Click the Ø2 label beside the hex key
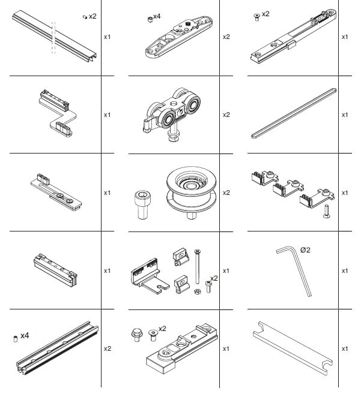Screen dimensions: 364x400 305,250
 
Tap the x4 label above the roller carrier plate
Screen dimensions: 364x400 157,16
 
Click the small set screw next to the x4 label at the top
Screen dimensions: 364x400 150,19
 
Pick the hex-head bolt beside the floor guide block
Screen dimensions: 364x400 137,335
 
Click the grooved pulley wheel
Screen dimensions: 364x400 191,192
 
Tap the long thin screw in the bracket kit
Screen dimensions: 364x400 197,267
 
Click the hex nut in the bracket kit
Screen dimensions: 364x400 198,291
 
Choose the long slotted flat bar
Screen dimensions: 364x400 294,113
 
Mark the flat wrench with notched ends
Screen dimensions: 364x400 293,348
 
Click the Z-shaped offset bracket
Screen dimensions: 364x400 58,113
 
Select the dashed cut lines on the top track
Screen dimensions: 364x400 53,38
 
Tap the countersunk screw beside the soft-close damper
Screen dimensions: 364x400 256,17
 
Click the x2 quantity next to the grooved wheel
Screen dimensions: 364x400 226,193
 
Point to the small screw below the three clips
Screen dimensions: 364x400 326,212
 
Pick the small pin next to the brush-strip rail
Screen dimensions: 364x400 16,339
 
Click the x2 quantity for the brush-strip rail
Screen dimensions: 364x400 108,348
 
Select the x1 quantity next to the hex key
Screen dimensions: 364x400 345,270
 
